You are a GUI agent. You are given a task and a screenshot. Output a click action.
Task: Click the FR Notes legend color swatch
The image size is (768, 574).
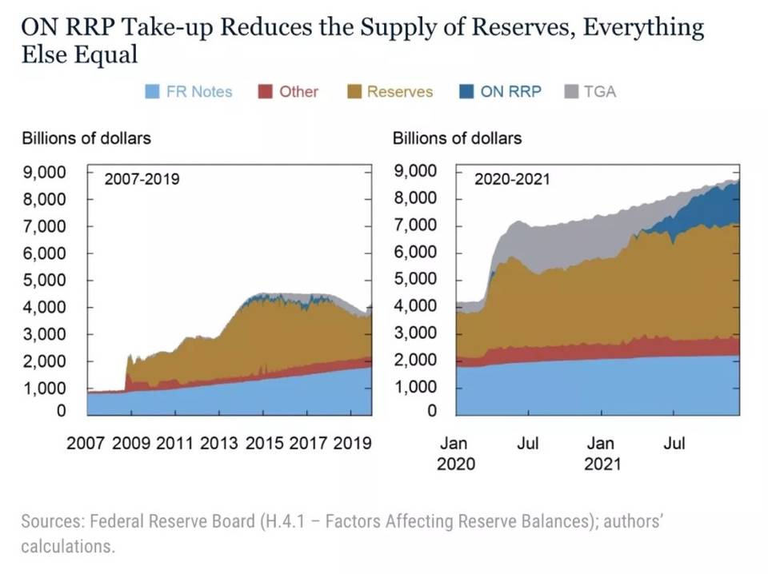pyautogui.click(x=152, y=92)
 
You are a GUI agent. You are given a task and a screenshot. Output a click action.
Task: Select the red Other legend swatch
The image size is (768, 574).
pyautogui.click(x=266, y=92)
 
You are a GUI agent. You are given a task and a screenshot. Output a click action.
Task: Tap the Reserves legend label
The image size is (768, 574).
pyautogui.click(x=399, y=92)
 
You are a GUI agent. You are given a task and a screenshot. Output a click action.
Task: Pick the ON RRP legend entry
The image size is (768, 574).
pyautogui.click(x=510, y=92)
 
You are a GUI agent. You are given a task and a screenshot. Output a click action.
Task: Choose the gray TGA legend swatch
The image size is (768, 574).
pyautogui.click(x=571, y=92)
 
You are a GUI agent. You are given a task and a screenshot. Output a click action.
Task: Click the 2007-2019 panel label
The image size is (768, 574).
pyautogui.click(x=142, y=179)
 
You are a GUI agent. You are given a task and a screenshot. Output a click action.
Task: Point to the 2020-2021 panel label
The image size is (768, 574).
pyautogui.click(x=512, y=179)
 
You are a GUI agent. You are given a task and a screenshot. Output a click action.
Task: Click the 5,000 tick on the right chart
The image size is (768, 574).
pyautogui.click(x=418, y=279)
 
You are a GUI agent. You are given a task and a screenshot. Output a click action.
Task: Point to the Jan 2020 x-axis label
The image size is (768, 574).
pyautogui.click(x=455, y=453)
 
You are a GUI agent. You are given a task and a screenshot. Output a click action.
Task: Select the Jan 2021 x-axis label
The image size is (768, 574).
pyautogui.click(x=601, y=453)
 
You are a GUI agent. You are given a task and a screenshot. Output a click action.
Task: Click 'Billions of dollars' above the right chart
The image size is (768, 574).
pyautogui.click(x=457, y=138)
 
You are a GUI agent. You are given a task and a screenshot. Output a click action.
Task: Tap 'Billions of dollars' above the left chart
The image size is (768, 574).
pyautogui.click(x=86, y=138)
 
